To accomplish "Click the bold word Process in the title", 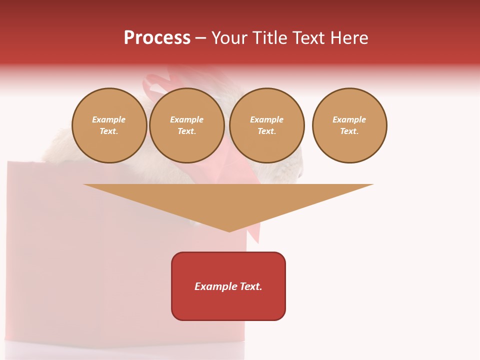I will pos(157,38).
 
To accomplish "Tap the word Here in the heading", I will pos(349,38).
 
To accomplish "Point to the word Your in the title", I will pos(229,38).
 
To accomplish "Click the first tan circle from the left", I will pos(109,125).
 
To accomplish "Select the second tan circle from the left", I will pos(187,125).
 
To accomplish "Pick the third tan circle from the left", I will pos(267,125).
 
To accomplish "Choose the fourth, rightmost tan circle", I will pos(349,125).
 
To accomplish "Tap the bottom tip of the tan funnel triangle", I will pos(229,230).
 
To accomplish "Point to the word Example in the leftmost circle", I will pos(109,120).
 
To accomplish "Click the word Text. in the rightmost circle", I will pos(349,131).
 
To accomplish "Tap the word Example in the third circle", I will pos(267,120).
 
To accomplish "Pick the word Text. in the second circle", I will pos(187,131).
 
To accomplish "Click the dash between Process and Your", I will pos(200,38).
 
